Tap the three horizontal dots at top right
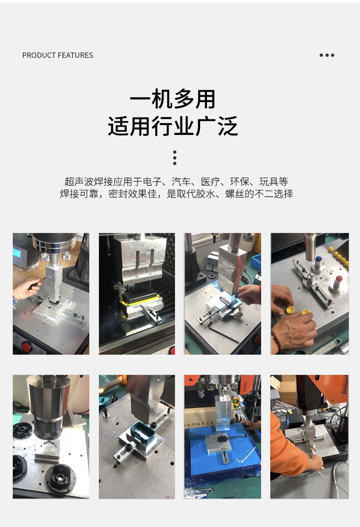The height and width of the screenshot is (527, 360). (327, 55)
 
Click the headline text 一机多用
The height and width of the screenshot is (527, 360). (173, 99)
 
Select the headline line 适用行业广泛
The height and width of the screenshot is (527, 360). (173, 126)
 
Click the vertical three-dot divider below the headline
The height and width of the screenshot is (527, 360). (175, 158)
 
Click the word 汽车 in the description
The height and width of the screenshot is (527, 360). (181, 182)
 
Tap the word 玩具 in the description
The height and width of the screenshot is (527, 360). (269, 182)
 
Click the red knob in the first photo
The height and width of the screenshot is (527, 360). (26, 346)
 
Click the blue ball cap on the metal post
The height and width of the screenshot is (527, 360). (319, 259)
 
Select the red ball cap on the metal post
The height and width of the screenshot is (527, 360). (339, 279)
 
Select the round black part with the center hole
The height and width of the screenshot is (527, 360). (60, 477)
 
